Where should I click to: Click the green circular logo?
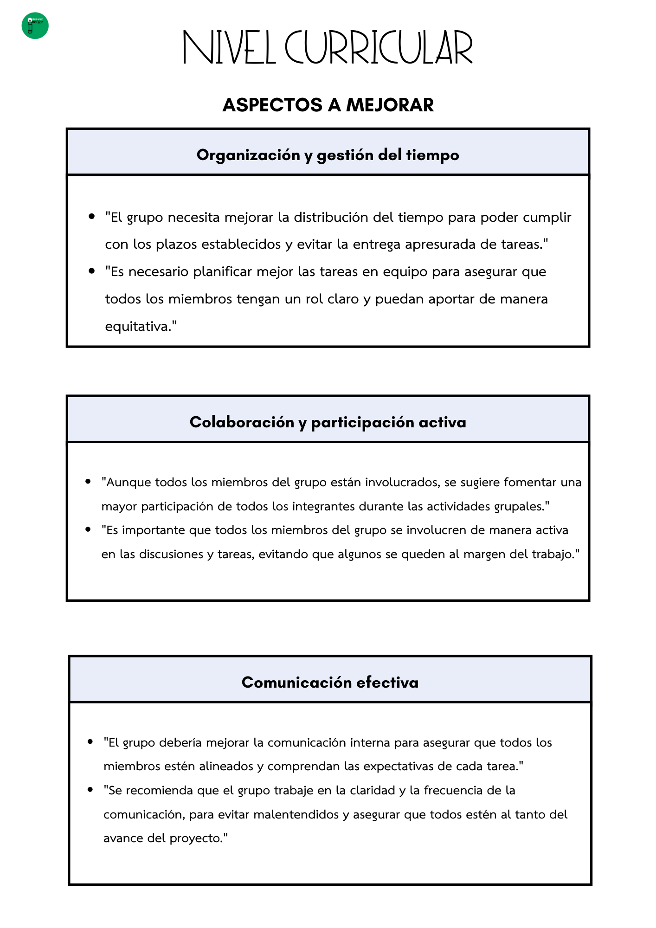[x=35, y=26]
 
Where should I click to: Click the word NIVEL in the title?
[x=229, y=47]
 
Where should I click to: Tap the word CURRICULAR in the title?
[x=379, y=47]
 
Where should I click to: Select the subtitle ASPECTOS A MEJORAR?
[x=328, y=105]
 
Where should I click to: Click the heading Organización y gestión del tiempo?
[x=328, y=155]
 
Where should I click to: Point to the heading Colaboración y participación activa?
[x=328, y=422]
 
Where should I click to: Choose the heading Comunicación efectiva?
[x=330, y=682]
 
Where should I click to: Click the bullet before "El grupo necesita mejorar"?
[x=91, y=216]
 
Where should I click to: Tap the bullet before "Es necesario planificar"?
[x=91, y=271]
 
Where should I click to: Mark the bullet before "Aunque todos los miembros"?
[x=88, y=482]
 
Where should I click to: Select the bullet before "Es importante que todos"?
[x=88, y=529]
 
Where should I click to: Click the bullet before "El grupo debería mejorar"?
[x=90, y=742]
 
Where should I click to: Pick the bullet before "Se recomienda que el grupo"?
[x=90, y=790]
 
